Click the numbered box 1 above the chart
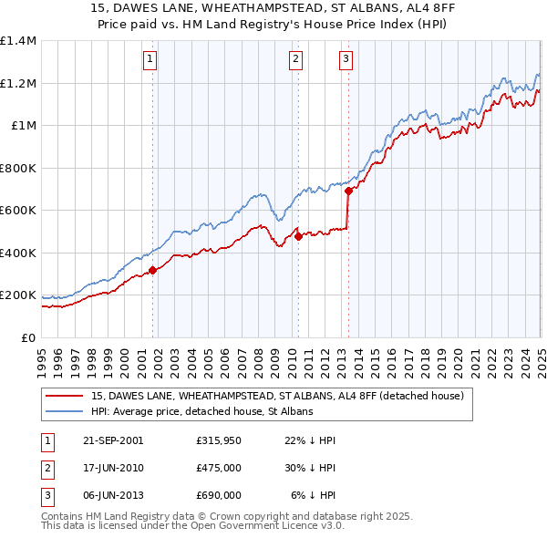[x=150, y=61]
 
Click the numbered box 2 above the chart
[x=296, y=61]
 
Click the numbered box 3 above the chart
[x=346, y=61]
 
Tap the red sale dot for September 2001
[x=153, y=269]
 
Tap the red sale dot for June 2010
[x=298, y=236]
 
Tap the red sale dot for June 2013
[x=348, y=191]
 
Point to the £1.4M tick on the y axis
[x=18, y=41]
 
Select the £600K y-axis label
[x=18, y=210]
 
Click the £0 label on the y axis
[x=29, y=337]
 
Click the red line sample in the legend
[x=64, y=396]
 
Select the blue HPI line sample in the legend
[x=64, y=411]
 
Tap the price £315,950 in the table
[x=218, y=440]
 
